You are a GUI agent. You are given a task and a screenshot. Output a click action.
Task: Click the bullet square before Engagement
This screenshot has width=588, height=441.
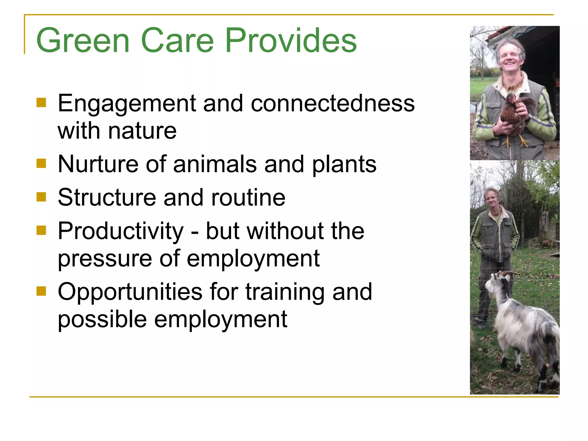point(41,102)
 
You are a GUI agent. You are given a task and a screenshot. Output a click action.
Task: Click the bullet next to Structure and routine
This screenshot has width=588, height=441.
point(41,197)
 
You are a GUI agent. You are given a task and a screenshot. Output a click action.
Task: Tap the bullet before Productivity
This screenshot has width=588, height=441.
point(41,230)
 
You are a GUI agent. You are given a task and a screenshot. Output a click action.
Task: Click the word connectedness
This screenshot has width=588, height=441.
point(332,103)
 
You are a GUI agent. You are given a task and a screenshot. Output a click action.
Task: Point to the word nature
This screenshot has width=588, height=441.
point(142,131)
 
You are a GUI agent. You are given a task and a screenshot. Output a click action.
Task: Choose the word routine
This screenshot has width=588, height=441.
point(248,198)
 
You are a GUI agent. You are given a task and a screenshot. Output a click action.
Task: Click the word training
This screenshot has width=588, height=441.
point(285,292)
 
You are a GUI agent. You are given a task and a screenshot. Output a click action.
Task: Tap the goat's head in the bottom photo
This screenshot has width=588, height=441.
point(498,284)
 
